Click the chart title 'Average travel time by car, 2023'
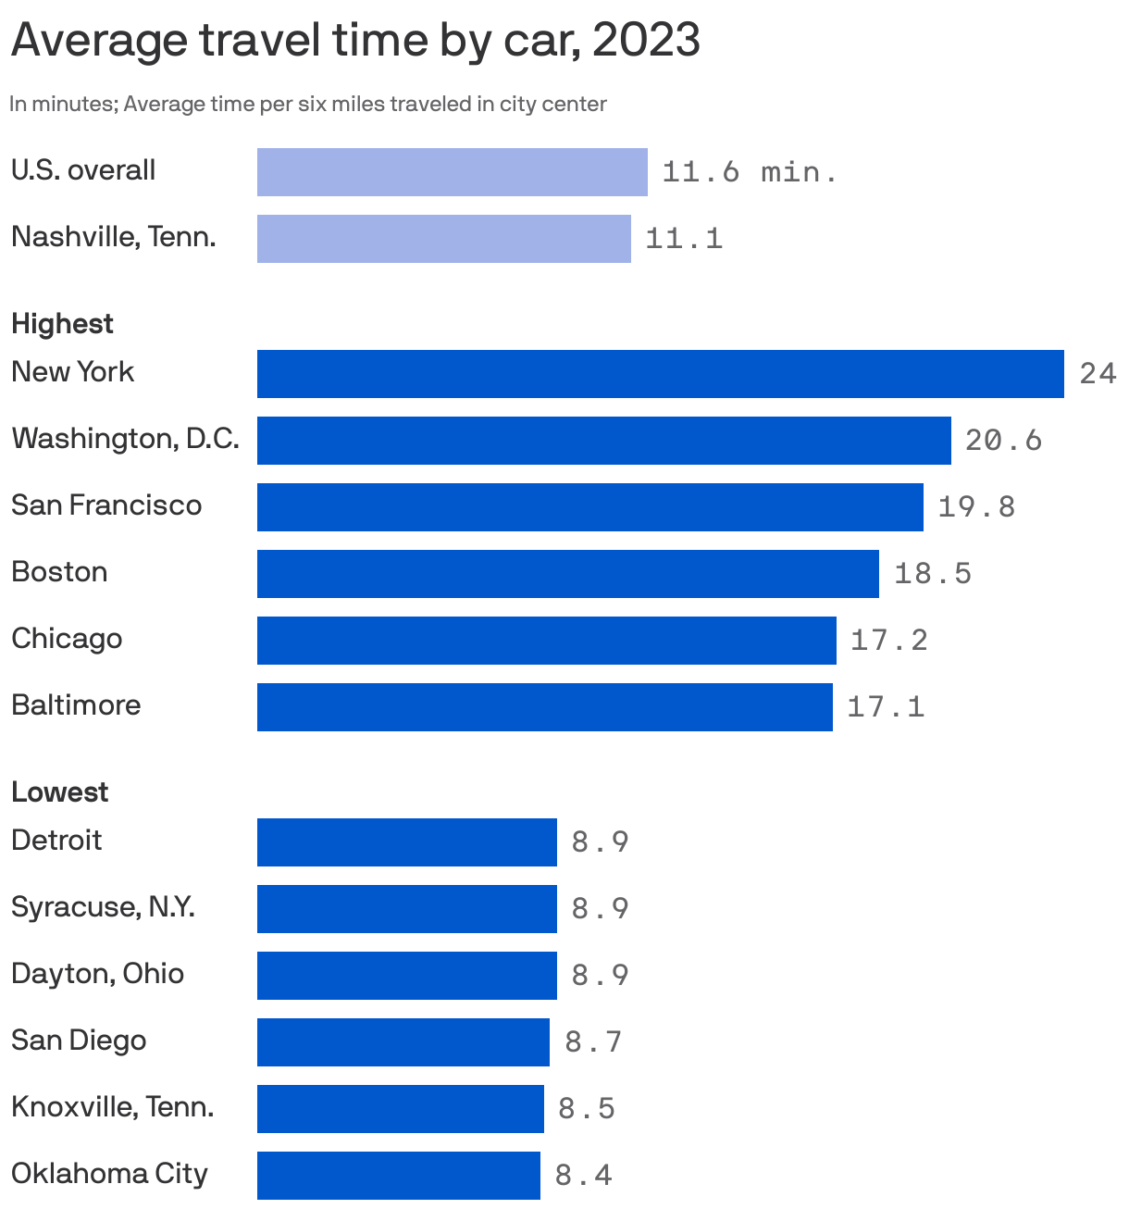(355, 41)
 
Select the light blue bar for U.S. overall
(452, 172)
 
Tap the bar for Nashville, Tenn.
(443, 239)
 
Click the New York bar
(660, 374)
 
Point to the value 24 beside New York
(1098, 374)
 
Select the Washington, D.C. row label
(125, 439)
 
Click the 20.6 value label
(1003, 441)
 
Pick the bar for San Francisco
(589, 507)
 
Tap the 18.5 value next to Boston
(933, 574)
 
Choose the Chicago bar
(546, 641)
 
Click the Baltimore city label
(76, 705)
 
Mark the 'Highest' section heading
(62, 324)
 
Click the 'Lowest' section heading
(59, 792)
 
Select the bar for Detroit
(406, 842)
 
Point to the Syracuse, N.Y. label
(103, 907)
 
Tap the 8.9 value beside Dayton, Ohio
(600, 976)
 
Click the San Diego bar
(403, 1042)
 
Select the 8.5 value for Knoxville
(587, 1109)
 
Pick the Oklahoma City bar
(398, 1176)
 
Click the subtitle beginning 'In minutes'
(307, 104)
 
